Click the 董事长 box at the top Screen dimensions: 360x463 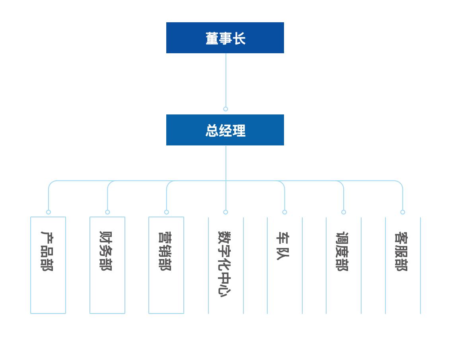pos(225,38)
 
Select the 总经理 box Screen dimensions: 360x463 pos(225,130)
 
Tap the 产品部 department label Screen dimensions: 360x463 pos(47,251)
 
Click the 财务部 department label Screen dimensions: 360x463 pos(106,251)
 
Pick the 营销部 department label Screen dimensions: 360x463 pos(165,251)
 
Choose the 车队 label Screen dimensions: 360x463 pos(283,246)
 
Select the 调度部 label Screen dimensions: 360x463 pos(342,252)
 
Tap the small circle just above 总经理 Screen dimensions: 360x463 pos(226,109)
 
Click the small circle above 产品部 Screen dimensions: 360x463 pos(49,212)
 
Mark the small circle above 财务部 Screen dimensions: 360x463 pos(107,212)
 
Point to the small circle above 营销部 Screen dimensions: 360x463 pos(167,212)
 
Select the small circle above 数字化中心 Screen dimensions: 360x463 pos(226,212)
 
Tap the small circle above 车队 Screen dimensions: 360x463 pos(285,212)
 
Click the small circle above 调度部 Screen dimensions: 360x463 pos(344,212)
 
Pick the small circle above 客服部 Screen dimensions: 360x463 pos(403,212)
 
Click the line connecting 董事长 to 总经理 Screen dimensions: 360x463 pos(226,79)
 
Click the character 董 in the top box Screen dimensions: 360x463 pos(212,39)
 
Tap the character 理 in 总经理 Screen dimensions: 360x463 pos(239,131)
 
